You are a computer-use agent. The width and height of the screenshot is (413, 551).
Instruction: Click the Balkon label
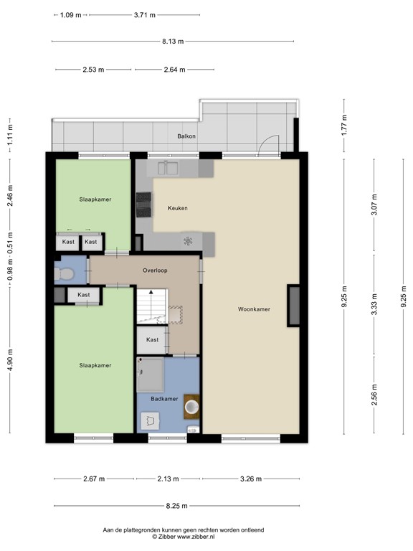click(187, 136)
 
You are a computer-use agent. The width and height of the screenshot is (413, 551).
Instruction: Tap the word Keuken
click(178, 208)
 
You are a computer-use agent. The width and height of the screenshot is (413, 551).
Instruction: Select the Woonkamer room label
click(255, 309)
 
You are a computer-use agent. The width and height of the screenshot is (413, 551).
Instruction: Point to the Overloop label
click(154, 271)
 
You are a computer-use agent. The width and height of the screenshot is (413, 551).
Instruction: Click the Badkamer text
click(164, 398)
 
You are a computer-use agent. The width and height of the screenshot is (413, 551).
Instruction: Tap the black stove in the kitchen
click(144, 204)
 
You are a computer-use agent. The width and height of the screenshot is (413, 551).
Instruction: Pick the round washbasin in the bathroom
click(192, 407)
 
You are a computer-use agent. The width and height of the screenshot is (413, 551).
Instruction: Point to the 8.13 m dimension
click(172, 42)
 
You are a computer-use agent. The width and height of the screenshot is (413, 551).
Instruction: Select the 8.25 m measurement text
click(172, 505)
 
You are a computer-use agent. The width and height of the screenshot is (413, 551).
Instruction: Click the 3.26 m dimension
click(250, 479)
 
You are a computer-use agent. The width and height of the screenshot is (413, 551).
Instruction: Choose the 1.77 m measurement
click(344, 126)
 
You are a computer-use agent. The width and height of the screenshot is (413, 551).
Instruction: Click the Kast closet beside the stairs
click(152, 339)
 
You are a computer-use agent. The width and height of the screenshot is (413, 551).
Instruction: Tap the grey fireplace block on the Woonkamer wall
click(294, 306)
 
